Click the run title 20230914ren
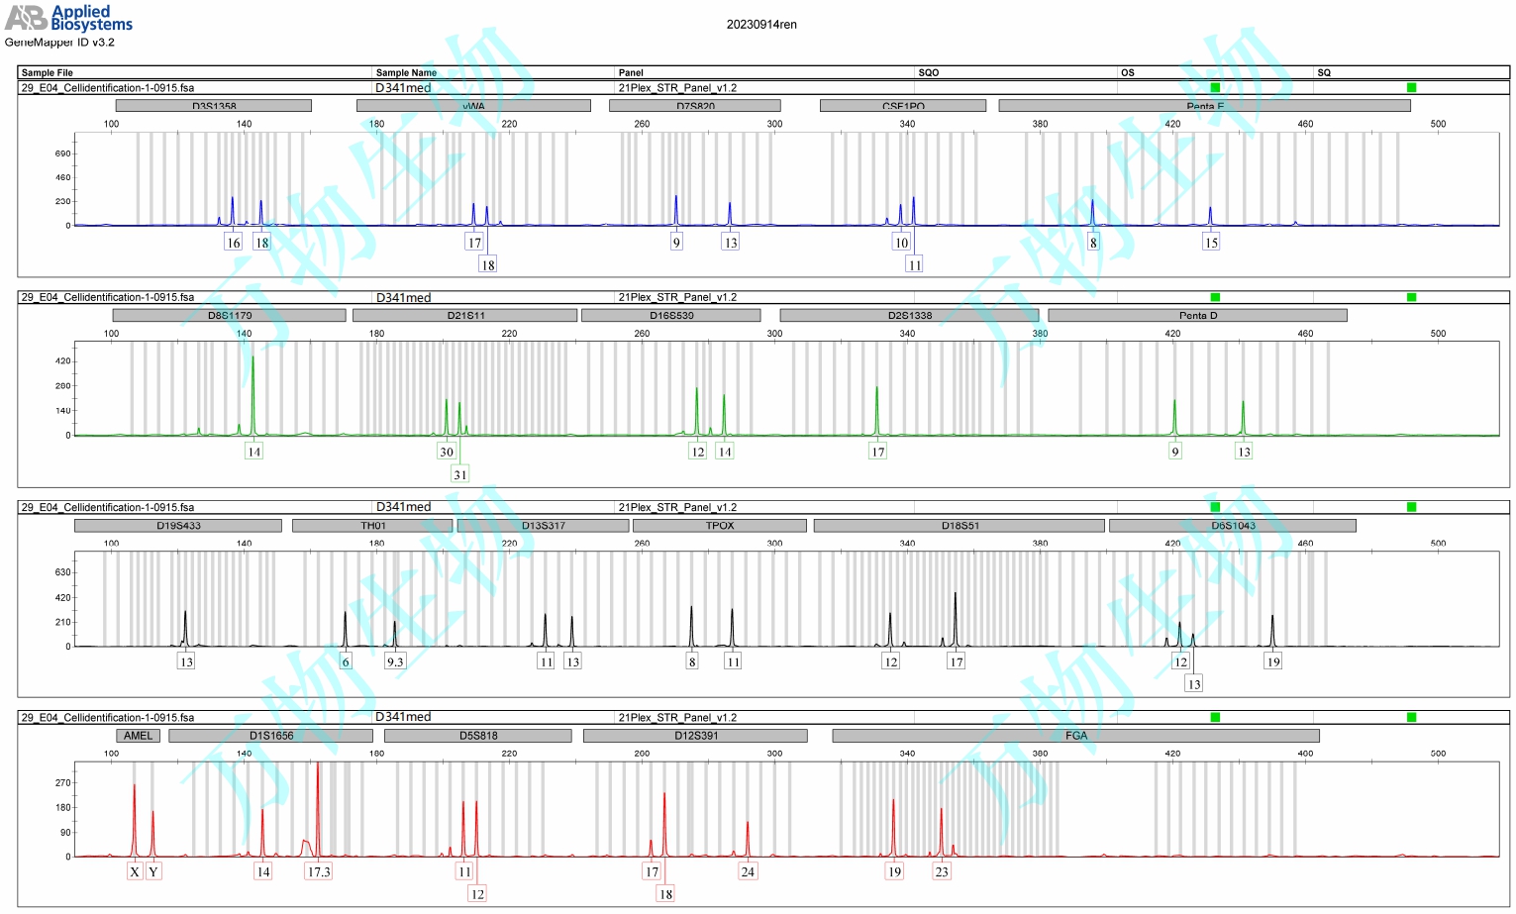(x=760, y=25)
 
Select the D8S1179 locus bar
(x=229, y=316)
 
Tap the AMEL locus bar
(x=138, y=736)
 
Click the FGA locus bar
(x=1075, y=736)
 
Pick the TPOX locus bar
(x=719, y=526)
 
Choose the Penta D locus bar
(x=1197, y=316)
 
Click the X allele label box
(x=135, y=871)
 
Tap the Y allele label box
(x=153, y=871)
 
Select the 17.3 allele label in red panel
(x=318, y=871)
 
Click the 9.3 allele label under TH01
(x=395, y=661)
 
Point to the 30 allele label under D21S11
(x=447, y=452)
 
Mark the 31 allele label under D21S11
(x=459, y=474)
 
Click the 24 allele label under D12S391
(x=748, y=871)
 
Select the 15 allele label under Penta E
(x=1211, y=242)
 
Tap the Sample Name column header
(x=406, y=72)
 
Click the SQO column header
(x=928, y=72)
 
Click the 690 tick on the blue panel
(x=63, y=153)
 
